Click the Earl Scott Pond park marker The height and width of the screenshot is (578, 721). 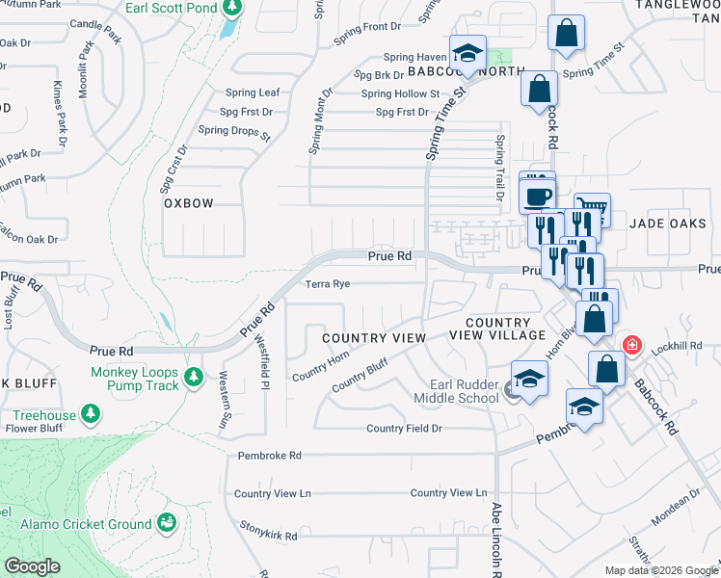point(231,9)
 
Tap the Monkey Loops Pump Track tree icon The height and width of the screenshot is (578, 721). point(194,375)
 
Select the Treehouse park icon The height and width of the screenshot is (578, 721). point(92,413)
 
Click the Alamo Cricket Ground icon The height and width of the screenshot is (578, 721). point(168,523)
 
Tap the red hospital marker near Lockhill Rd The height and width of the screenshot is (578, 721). point(632,344)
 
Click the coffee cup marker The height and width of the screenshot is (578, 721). point(537,196)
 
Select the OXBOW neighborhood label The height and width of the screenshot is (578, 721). point(188,203)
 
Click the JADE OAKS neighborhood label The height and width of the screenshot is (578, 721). point(660,223)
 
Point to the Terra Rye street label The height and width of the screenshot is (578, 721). point(327,284)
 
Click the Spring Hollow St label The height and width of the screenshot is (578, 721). point(400,93)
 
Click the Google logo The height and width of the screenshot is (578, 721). point(32,566)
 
